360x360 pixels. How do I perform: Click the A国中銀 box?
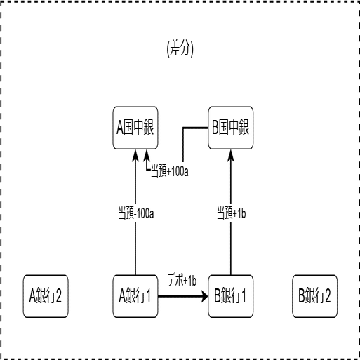coord(135,128)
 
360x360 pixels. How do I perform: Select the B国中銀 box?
coord(231,128)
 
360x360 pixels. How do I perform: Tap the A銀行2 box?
coord(46,296)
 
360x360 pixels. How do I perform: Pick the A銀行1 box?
coord(135,296)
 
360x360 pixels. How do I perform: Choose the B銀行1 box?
coord(231,296)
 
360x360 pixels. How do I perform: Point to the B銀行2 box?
coord(315,296)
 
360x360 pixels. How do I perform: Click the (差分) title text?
coord(180,48)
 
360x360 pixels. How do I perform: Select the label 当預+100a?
coord(170,171)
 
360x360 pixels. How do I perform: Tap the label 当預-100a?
coord(136,213)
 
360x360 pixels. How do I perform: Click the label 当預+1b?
coord(232,213)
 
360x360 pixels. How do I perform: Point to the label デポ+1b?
coord(182,281)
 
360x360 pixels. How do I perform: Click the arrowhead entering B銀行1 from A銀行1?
coord(205,296)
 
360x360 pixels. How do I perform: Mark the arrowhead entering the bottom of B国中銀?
coord(231,155)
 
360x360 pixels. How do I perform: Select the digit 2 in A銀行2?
coord(58,296)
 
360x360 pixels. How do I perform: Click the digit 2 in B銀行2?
coord(327,296)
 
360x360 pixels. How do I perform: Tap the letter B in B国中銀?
coord(215,128)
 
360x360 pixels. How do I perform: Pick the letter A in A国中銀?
coord(120,128)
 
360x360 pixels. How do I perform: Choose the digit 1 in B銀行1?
coord(243,296)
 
